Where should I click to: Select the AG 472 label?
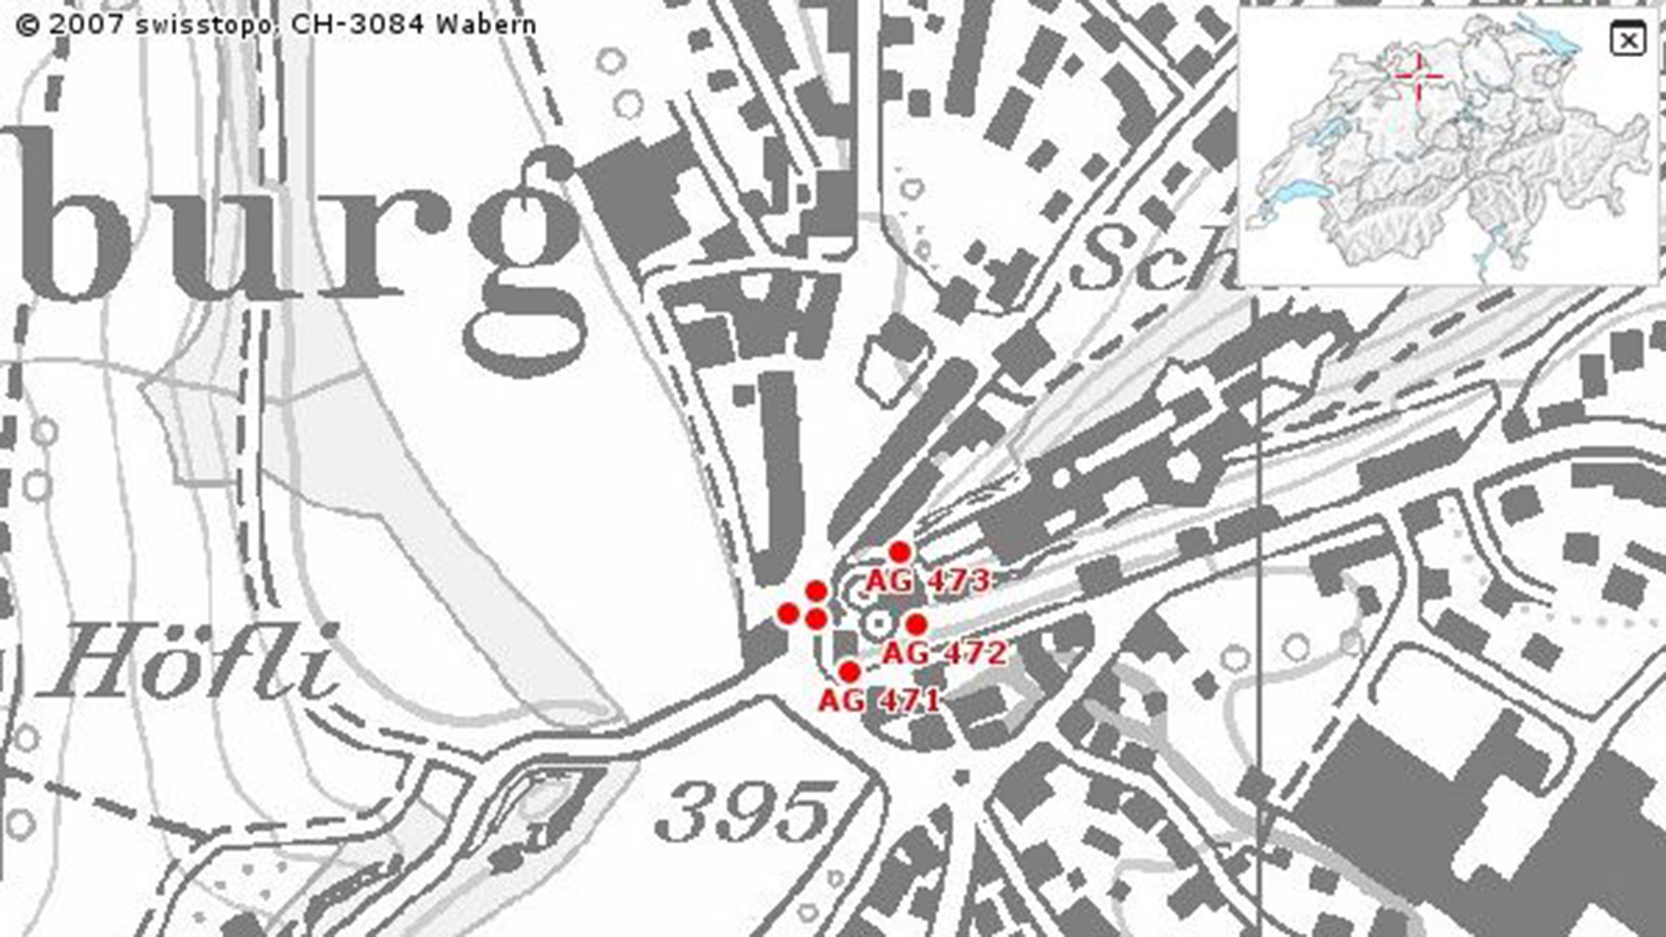click(x=945, y=653)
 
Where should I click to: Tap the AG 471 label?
click(x=879, y=700)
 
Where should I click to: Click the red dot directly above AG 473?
click(x=900, y=552)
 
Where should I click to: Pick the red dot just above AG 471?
click(x=849, y=672)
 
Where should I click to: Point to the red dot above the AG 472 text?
click(x=916, y=624)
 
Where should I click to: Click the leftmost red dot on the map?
click(x=788, y=613)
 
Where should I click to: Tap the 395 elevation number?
click(x=744, y=811)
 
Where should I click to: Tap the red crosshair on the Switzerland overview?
click(x=1418, y=77)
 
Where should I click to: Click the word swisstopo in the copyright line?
click(x=207, y=25)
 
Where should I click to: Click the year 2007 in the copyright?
click(x=86, y=25)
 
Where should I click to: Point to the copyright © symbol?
click(x=28, y=26)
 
